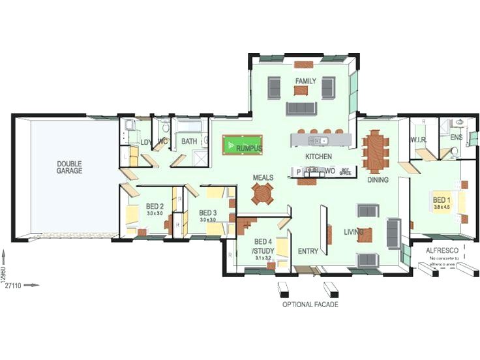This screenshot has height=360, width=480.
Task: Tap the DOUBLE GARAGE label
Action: [69, 167]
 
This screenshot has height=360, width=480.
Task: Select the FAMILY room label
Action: [305, 82]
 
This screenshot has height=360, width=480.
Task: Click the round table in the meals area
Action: [264, 194]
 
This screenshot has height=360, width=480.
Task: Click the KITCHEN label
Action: [318, 157]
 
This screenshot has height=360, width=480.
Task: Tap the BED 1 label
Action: [442, 200]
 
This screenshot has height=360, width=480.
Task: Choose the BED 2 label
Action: [155, 206]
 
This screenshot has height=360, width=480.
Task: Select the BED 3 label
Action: [207, 213]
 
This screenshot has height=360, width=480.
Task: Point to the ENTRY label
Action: [307, 251]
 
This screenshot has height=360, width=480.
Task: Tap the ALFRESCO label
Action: [440, 250]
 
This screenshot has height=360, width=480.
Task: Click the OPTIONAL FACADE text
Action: [310, 305]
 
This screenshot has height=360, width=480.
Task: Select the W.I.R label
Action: [417, 140]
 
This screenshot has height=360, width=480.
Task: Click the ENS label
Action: [456, 138]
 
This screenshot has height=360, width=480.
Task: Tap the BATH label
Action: [189, 141]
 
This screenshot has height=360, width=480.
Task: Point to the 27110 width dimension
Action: [14, 285]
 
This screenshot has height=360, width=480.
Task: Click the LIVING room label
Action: [354, 232]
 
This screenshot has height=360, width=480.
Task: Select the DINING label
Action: [378, 180]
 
